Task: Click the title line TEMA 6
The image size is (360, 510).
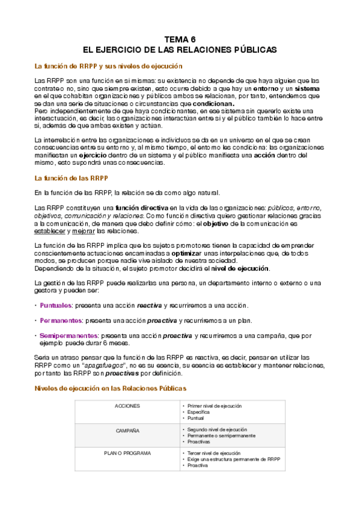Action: tap(180, 37)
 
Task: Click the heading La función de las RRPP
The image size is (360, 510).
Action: tap(72, 178)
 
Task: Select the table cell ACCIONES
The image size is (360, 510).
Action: tap(127, 406)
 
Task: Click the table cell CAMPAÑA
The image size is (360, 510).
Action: tap(127, 431)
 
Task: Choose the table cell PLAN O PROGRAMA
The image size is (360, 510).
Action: tap(127, 452)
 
